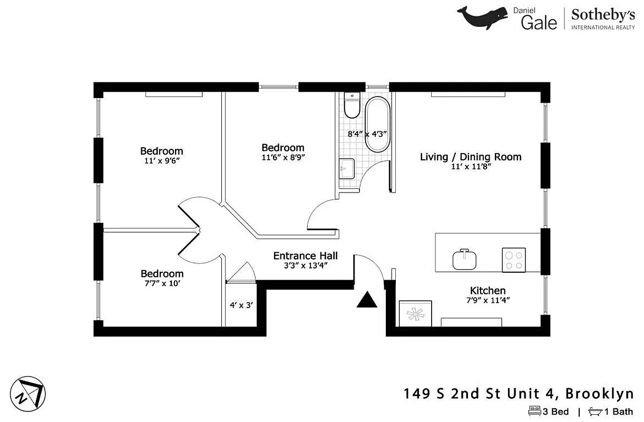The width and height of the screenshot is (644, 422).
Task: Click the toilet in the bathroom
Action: click(x=351, y=105)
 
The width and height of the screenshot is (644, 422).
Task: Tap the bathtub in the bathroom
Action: click(x=377, y=124)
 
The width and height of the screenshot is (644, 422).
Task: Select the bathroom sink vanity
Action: click(x=346, y=169)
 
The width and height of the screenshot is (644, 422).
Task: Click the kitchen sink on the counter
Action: click(x=464, y=260)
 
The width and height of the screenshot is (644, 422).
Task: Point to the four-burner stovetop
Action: click(x=513, y=260)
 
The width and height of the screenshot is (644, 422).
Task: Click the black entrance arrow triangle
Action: click(x=367, y=301)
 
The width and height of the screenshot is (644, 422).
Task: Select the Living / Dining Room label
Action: click(x=471, y=157)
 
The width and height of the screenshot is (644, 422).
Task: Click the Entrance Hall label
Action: click(x=305, y=256)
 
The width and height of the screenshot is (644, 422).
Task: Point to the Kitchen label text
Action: click(x=487, y=291)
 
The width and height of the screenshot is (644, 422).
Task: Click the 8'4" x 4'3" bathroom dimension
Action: click(x=367, y=134)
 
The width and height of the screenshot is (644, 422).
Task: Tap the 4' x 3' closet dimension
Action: click(x=241, y=305)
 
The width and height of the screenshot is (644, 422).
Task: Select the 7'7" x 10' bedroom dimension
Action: click(x=162, y=283)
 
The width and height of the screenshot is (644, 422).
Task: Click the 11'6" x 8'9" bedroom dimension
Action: click(x=283, y=157)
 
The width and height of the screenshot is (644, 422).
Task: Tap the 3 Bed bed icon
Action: click(x=534, y=411)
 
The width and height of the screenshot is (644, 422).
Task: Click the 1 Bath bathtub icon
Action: click(x=596, y=411)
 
